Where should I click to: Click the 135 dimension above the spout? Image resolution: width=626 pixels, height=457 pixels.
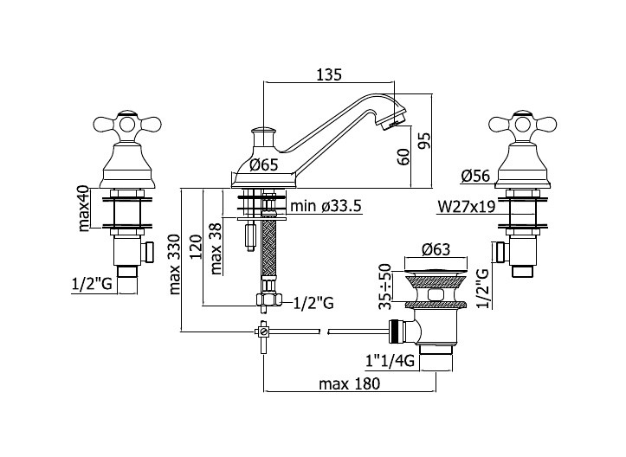pos(329,74)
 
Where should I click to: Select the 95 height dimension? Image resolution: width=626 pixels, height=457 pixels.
pos(426,140)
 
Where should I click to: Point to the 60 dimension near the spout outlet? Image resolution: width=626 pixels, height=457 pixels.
pos(404,157)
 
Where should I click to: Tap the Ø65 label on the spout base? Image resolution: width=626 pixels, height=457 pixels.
pos(263,164)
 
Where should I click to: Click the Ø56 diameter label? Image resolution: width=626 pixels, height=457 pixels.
pos(475,176)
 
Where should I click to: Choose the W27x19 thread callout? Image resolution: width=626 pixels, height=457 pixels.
pos(467,206)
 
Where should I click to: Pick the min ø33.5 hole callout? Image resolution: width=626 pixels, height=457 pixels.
pos(326,206)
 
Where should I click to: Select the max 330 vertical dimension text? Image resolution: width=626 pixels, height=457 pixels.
pos(175,264)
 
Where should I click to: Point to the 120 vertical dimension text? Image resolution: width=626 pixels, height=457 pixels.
pos(196,247)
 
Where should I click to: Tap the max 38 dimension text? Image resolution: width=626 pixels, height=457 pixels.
pos(216,249)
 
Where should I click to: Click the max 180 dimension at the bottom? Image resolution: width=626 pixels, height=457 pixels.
pos(349,384)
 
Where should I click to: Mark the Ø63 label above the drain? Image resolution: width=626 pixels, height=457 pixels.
pos(436,249)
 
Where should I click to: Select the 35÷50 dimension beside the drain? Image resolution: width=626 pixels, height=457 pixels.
pos(384,286)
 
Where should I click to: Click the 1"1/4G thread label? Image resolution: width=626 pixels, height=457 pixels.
pos(390,361)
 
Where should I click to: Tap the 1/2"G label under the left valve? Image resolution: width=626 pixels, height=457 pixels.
pos(91,284)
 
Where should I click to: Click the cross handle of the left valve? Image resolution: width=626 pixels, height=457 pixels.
pos(127,124)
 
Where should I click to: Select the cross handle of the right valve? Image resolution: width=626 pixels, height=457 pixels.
pos(523,124)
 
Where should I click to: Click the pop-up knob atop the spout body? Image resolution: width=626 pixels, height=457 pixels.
pos(263,131)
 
